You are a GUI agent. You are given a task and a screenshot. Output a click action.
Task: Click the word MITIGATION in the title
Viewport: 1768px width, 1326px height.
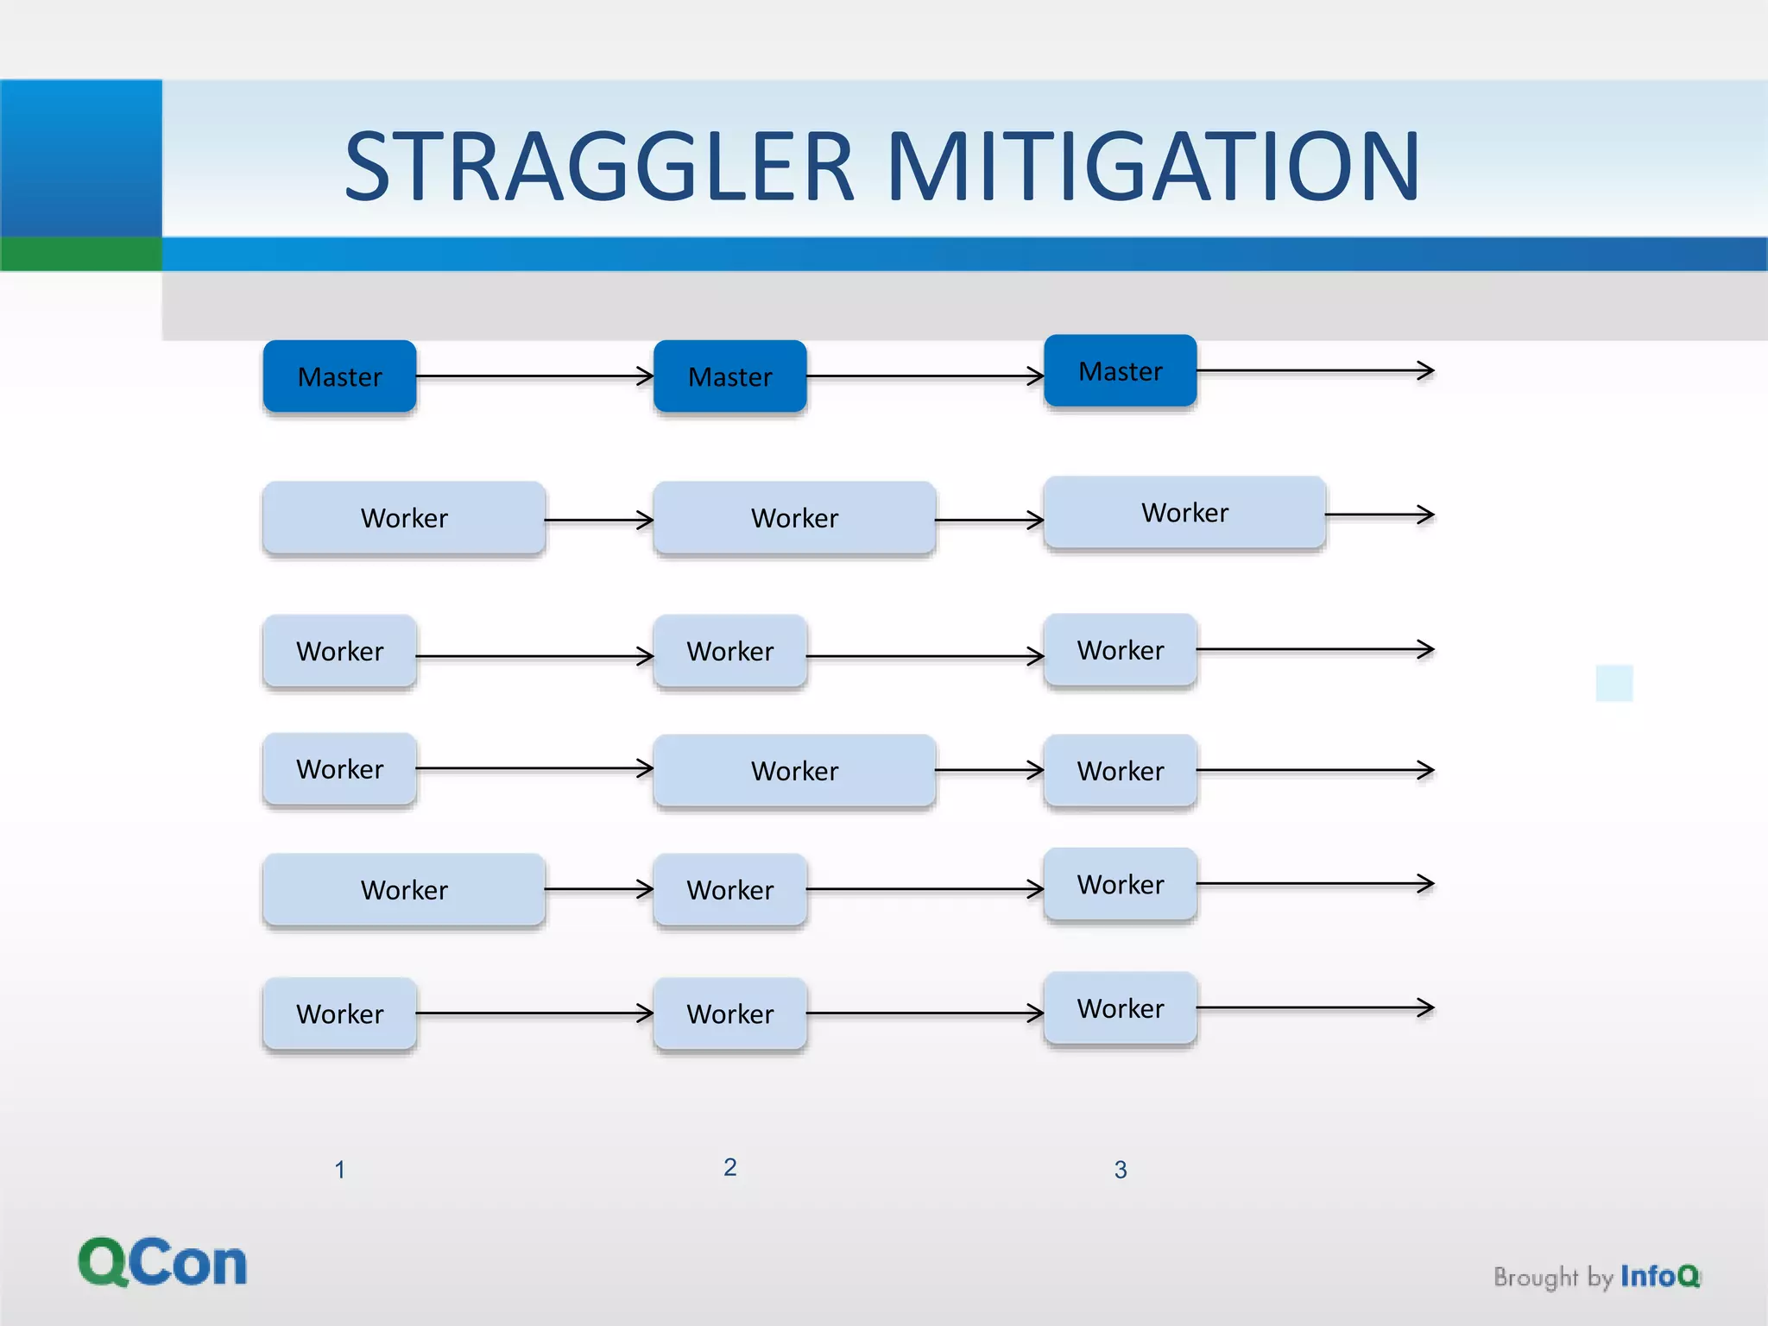click(x=1153, y=167)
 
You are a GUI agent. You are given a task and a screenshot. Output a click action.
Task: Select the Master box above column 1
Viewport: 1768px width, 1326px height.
click(x=339, y=376)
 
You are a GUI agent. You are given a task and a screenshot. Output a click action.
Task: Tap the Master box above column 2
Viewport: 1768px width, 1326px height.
click(x=729, y=376)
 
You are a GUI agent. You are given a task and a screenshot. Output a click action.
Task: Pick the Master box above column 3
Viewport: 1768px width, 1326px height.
click(x=1120, y=371)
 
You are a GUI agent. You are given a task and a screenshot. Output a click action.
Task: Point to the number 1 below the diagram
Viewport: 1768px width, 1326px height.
click(x=339, y=1170)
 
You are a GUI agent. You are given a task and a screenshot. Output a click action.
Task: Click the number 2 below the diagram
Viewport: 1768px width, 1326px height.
click(x=729, y=1167)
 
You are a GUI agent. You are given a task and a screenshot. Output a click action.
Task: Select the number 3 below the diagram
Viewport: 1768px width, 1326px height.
click(x=1120, y=1170)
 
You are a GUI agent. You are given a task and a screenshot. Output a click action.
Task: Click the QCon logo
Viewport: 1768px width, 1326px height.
click(x=162, y=1262)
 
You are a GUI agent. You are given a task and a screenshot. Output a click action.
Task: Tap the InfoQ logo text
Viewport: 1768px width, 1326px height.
click(x=1659, y=1276)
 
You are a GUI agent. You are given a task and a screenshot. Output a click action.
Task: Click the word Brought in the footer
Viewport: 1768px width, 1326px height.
click(x=1535, y=1278)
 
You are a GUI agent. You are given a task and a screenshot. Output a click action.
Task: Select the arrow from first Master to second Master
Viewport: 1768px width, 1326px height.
click(x=535, y=376)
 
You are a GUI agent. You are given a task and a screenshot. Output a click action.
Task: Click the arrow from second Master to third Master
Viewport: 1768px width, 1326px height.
click(x=925, y=376)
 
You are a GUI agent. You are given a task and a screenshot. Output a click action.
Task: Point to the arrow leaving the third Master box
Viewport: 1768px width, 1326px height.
click(x=1316, y=371)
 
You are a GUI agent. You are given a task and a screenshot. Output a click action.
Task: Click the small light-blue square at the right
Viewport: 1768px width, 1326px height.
click(x=1613, y=683)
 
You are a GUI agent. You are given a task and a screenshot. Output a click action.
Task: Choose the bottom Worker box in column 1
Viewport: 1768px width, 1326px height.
click(x=339, y=1013)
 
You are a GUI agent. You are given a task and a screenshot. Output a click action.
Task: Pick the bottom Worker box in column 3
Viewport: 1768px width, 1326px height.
click(x=1120, y=1008)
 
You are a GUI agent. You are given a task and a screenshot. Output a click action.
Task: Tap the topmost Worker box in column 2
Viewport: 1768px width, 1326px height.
click(x=794, y=518)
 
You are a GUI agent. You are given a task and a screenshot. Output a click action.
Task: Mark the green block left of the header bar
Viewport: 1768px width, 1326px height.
click(x=80, y=254)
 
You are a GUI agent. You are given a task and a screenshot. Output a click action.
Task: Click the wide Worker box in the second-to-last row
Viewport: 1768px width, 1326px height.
click(x=404, y=890)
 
